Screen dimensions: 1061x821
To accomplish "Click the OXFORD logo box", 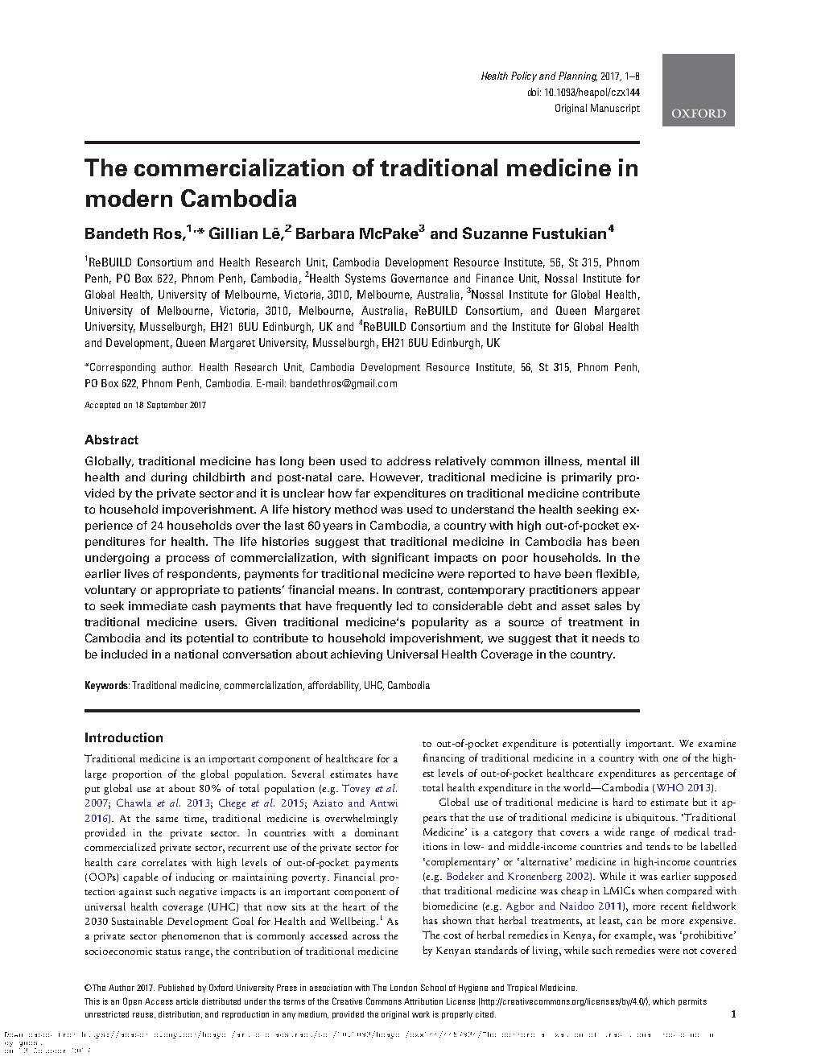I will coord(698,89).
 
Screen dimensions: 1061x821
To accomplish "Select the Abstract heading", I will coord(111,440).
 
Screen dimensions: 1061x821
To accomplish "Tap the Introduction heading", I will coord(124,737).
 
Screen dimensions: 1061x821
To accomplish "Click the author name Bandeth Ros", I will coord(134,234).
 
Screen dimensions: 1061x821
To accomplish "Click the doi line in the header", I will coord(584,93).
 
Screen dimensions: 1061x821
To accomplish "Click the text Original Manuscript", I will coord(596,109).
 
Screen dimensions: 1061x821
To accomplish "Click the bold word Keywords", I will coord(106,686).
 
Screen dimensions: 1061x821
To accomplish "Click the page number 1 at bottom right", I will coord(732,1014).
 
